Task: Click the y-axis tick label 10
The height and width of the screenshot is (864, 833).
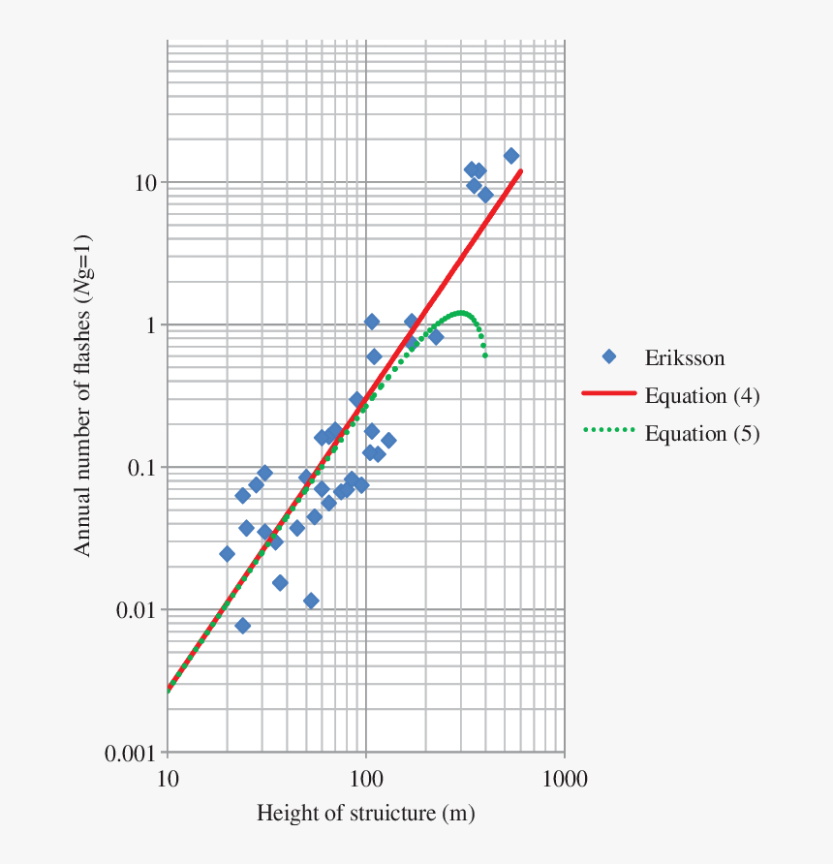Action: tap(145, 183)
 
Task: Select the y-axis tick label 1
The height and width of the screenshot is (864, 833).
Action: tap(151, 325)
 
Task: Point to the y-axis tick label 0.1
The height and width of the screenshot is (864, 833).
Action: tap(142, 468)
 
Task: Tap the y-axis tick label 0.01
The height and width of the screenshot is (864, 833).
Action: tap(137, 610)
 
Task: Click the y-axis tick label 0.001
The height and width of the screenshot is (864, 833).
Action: tap(132, 754)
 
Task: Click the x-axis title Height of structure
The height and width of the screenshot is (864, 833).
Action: tap(365, 813)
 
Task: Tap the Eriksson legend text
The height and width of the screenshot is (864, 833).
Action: tap(684, 358)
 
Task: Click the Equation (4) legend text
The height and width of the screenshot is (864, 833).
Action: tap(701, 395)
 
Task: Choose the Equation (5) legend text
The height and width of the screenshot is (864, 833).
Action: tap(701, 433)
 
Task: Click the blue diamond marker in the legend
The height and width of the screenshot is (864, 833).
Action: tap(609, 357)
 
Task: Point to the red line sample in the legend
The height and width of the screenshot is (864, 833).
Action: tap(608, 394)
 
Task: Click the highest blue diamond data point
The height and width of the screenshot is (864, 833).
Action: tap(510, 156)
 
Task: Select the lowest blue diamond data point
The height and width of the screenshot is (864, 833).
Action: tap(242, 626)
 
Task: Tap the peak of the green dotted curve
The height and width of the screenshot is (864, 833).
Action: tap(461, 313)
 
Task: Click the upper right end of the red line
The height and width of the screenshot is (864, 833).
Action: tap(521, 171)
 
